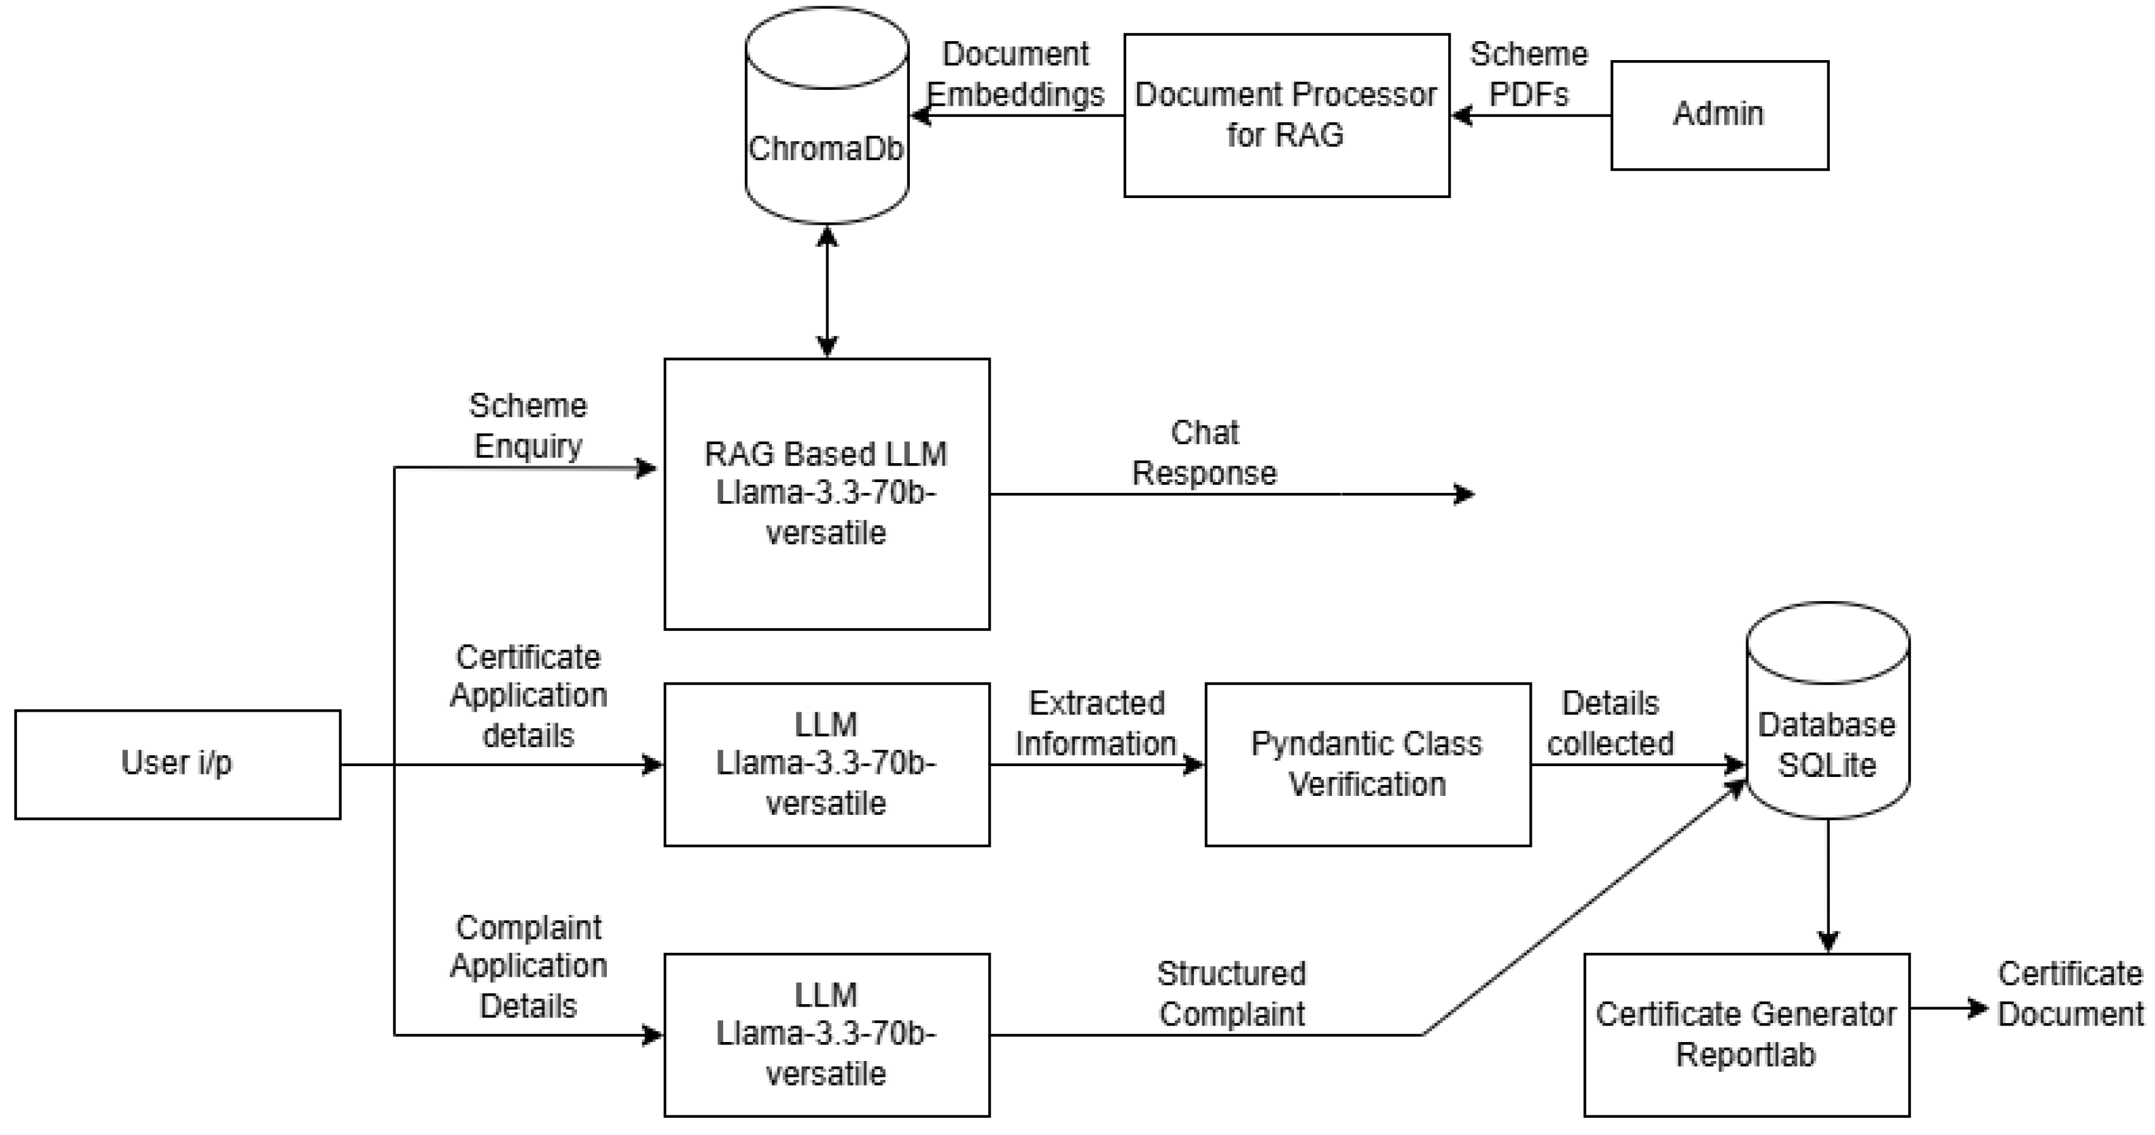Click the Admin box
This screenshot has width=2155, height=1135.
coord(1719,115)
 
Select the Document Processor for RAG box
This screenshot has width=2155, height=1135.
coord(1286,115)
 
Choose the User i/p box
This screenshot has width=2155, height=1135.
coord(177,764)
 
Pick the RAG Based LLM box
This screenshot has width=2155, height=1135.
coord(826,493)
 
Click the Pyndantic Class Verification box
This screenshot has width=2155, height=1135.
coord(1367,764)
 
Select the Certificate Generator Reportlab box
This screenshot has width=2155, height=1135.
coord(1746,1034)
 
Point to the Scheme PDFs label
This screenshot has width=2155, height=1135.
coord(1529,73)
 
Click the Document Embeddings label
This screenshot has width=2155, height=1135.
coord(1015,73)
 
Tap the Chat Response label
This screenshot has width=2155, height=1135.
coord(1204,452)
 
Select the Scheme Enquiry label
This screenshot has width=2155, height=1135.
coord(528,425)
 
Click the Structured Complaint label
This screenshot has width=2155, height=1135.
coord(1231,994)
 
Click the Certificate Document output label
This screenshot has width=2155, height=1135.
coord(2070,994)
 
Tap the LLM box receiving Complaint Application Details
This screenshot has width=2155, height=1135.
coord(826,1034)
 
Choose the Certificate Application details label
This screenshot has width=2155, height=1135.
coord(528,696)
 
